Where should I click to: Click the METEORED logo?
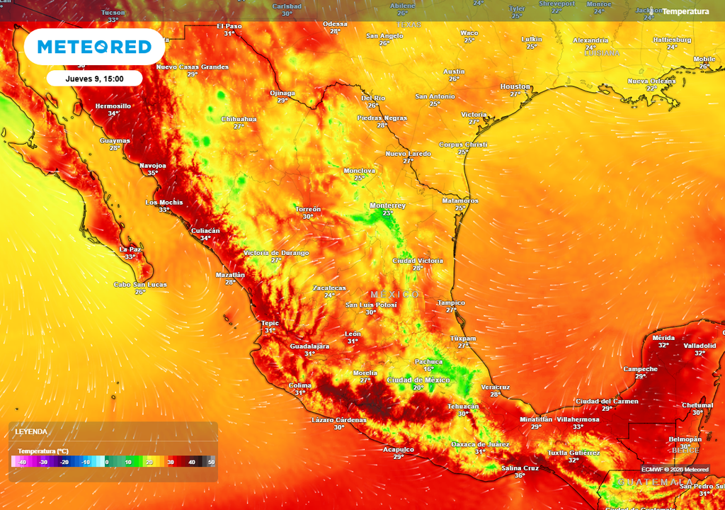point(94,47)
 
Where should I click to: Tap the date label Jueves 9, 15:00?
point(95,79)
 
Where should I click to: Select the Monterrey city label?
point(388,205)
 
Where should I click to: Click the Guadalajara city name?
point(310,346)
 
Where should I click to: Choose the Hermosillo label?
point(113,106)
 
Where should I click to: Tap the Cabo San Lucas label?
point(140,284)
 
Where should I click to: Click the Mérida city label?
point(663,337)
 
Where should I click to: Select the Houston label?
point(515,86)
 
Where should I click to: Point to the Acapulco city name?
point(399,449)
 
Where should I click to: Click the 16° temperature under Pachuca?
point(428,369)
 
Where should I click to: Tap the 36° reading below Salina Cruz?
point(520,475)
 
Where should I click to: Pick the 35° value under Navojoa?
point(152,173)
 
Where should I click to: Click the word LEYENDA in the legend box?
point(32,431)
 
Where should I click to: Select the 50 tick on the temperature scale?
point(210,462)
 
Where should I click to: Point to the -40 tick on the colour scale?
point(23,462)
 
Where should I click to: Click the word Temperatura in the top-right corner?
point(685,11)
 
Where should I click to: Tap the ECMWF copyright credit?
point(675,469)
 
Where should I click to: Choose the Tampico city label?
point(451,302)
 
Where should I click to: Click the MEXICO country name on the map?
point(394,294)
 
